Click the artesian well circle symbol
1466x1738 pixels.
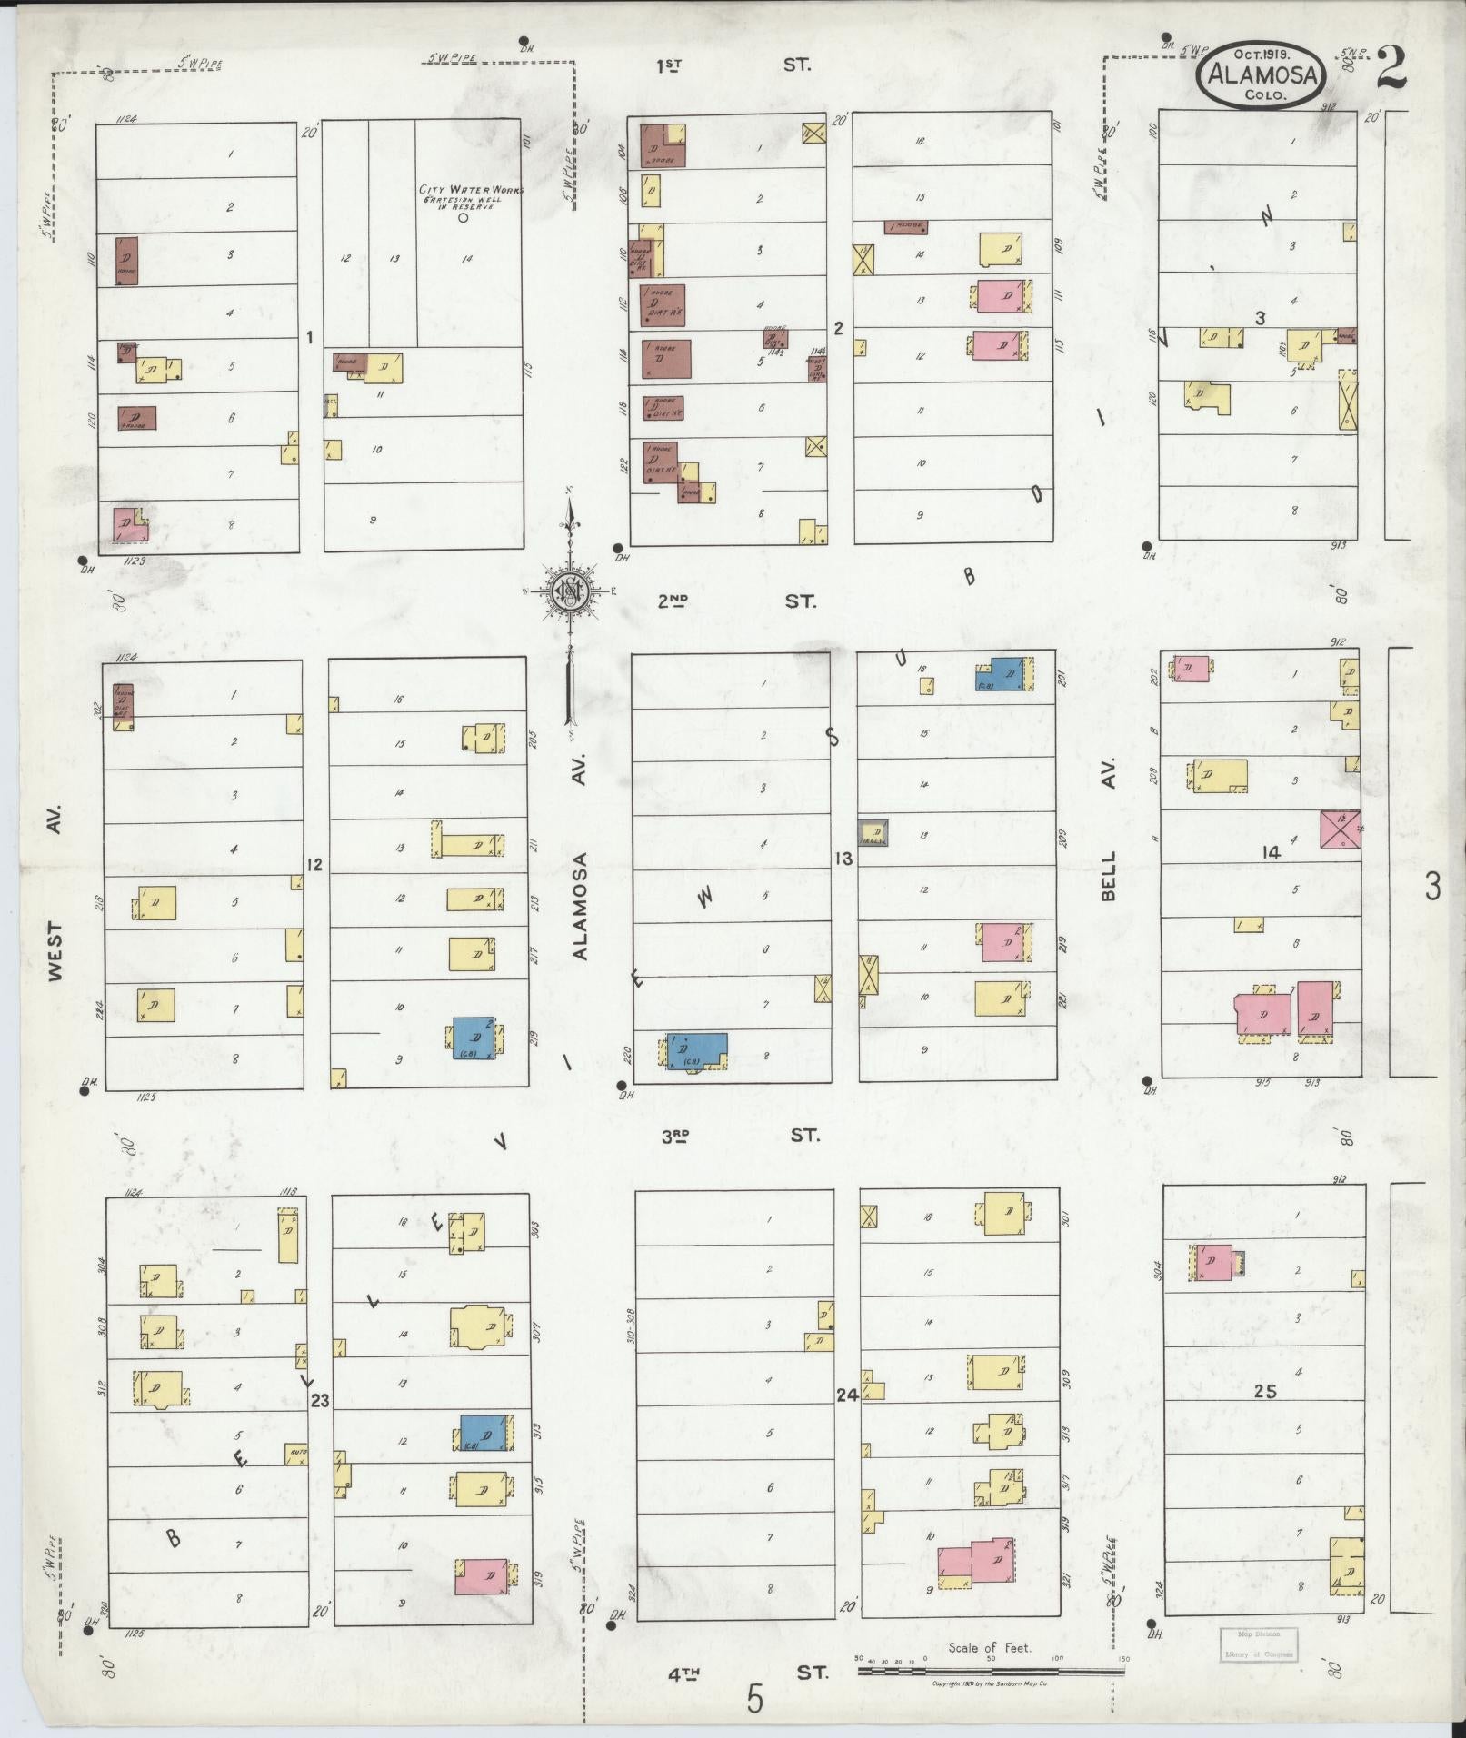[x=463, y=218]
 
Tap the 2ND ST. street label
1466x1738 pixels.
[x=736, y=601]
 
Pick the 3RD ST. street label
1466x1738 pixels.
[x=739, y=1136]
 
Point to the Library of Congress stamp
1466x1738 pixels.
[x=1259, y=1645]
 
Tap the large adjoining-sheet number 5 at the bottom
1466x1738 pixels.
[x=754, y=1698]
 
